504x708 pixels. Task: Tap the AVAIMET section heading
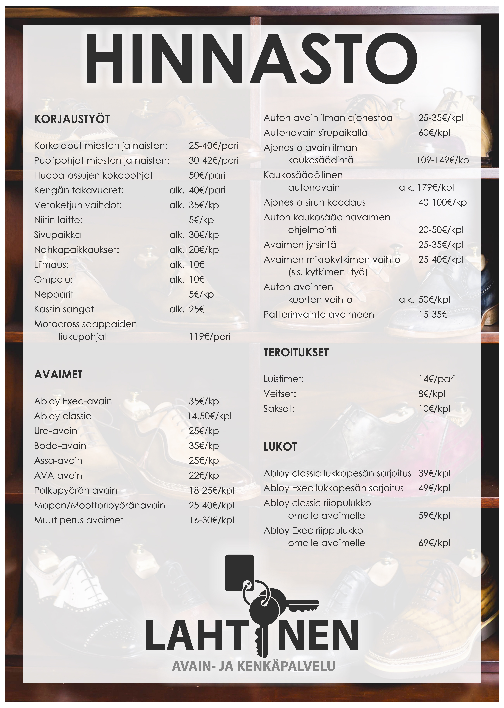click(x=58, y=375)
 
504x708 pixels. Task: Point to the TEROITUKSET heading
click(x=296, y=352)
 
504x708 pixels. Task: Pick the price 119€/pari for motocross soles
click(x=210, y=337)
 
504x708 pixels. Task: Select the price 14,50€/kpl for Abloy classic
click(x=209, y=416)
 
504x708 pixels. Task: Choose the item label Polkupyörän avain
click(x=76, y=490)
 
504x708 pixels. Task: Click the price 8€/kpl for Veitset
click(x=432, y=394)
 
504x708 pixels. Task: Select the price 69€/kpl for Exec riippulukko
click(x=434, y=543)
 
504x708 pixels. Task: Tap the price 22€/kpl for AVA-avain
click(x=205, y=475)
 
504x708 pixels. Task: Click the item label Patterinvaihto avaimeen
click(x=319, y=315)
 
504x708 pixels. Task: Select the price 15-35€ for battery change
click(x=433, y=315)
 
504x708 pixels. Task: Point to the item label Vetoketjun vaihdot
click(x=78, y=205)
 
